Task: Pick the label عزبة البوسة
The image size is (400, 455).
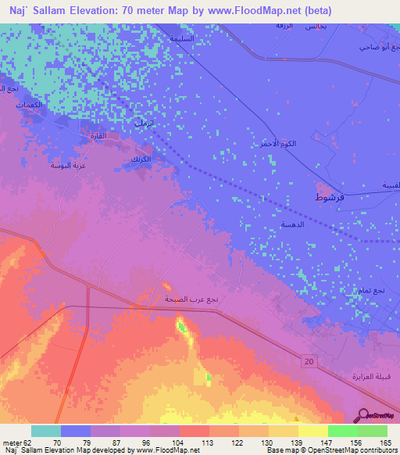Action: click(66, 165)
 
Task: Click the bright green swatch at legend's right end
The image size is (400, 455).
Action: click(373, 431)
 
